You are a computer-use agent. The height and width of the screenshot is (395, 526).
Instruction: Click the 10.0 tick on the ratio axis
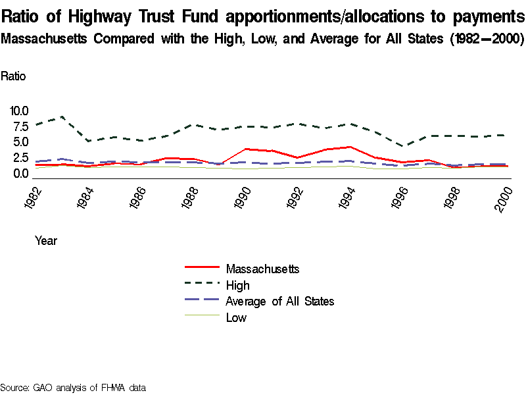pos(19,111)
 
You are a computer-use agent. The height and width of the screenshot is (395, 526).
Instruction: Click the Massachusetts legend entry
pos(262,269)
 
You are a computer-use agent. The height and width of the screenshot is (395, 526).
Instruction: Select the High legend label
pos(237,285)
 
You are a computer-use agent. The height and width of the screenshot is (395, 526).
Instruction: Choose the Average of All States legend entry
pos(279,302)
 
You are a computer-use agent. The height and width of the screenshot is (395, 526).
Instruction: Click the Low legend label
pos(236,318)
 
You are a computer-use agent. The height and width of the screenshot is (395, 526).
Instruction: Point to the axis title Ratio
pos(14,76)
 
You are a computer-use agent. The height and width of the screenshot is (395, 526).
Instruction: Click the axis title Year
pos(46,241)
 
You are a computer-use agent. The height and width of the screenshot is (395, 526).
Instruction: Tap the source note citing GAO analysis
pos(72,387)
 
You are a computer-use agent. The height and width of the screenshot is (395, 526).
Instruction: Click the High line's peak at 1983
pos(62,117)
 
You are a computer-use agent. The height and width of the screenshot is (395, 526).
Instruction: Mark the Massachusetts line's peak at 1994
pos(349,147)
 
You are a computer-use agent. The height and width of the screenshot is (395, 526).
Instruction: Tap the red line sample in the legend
pos(201,269)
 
